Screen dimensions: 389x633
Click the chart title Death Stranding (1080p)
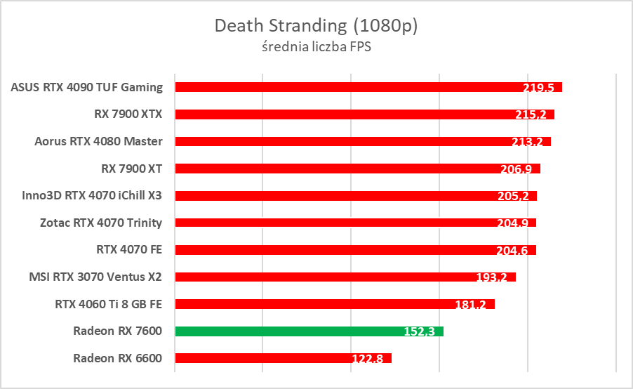click(x=316, y=26)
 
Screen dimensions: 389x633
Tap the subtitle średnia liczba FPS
click(x=316, y=48)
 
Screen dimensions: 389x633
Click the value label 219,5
click(x=538, y=88)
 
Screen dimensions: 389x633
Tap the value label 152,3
click(x=420, y=331)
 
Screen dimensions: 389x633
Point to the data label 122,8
click(x=368, y=359)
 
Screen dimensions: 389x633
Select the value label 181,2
click(x=471, y=305)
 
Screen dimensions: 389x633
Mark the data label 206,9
click(x=517, y=169)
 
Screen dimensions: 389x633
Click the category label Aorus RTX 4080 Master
click(x=98, y=141)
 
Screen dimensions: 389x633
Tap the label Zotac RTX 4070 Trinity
click(x=101, y=223)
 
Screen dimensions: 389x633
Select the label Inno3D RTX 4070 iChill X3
click(x=92, y=195)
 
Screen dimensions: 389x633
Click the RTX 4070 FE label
click(x=129, y=249)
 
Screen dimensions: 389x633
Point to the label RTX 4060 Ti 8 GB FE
click(x=108, y=304)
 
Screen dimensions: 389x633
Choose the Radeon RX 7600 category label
click(x=117, y=331)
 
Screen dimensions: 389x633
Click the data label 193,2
click(x=492, y=277)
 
